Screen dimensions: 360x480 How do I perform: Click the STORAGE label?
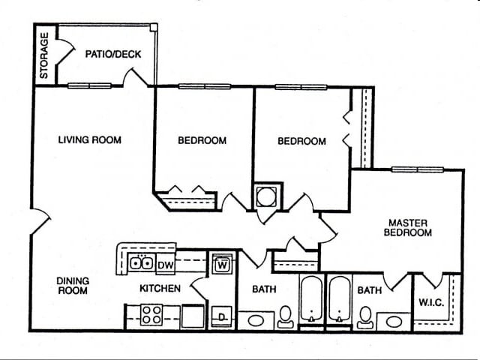[x=44, y=55]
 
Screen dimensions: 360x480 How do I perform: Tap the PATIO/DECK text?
[x=112, y=54]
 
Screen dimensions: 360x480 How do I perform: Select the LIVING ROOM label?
[x=90, y=139]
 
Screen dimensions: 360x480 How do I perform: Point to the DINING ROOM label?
[x=73, y=286]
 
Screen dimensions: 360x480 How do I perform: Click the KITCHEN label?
[x=160, y=288]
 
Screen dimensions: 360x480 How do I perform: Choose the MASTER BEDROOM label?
[x=408, y=227]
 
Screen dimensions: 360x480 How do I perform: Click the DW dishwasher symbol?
[x=166, y=263]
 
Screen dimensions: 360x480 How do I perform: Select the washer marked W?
[x=222, y=263]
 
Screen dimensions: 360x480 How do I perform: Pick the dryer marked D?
[x=222, y=316]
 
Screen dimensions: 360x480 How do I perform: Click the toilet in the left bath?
[x=285, y=317]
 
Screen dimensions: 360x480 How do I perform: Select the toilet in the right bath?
[x=365, y=317]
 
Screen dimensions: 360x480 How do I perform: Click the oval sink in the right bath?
[x=394, y=322]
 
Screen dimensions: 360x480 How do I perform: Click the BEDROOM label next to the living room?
[x=202, y=140]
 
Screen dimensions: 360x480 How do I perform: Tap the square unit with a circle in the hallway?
[x=267, y=197]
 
